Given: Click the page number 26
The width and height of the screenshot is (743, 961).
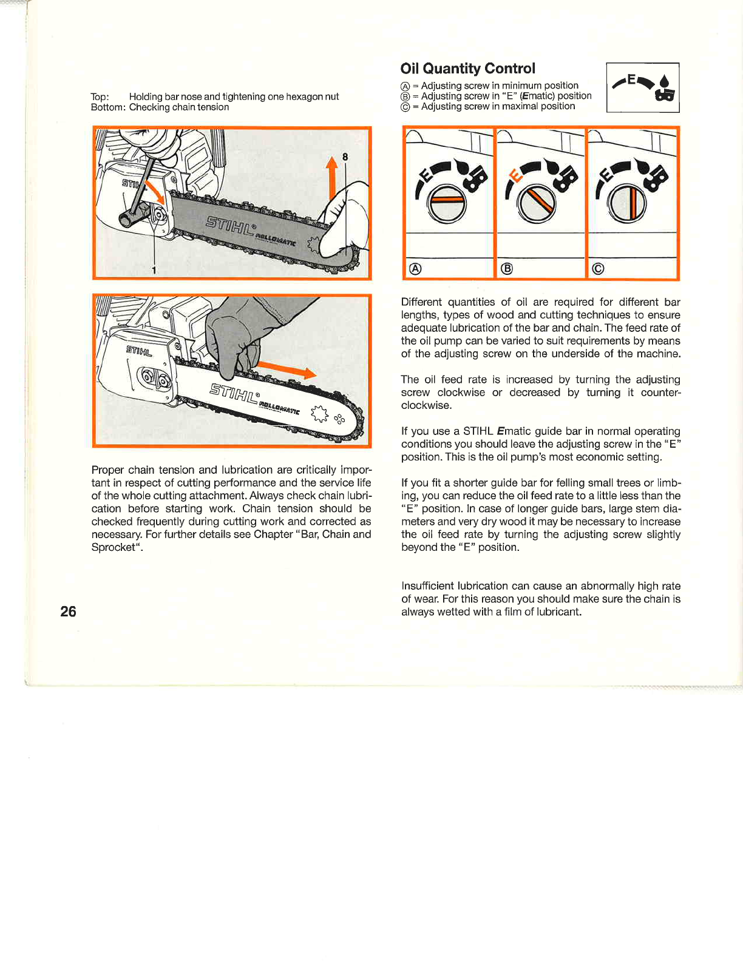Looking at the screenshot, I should tap(68, 611).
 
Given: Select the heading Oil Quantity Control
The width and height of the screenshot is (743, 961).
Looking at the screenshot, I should tap(467, 69).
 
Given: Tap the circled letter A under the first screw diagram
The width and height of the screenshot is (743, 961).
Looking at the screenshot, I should tap(415, 269).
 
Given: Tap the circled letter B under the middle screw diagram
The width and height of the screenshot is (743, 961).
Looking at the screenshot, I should tap(506, 269).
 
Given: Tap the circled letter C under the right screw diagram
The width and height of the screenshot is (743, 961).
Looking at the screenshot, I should tap(598, 269).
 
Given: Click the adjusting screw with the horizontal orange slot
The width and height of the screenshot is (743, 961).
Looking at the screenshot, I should tap(447, 203).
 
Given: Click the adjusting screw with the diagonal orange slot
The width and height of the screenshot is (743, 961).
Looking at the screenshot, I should tap(537, 203).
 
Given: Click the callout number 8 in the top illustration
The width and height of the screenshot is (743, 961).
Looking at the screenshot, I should tap(345, 157).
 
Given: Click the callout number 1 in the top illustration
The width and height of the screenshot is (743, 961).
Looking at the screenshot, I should tap(154, 270).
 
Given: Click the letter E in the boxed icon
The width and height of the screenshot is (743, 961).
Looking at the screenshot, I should tap(631, 79).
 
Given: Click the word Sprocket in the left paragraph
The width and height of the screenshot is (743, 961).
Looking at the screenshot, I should tap(114, 547).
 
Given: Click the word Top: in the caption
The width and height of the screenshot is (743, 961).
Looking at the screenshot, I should tap(100, 97).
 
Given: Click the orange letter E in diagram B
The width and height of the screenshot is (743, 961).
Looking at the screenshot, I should tap(516, 177).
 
